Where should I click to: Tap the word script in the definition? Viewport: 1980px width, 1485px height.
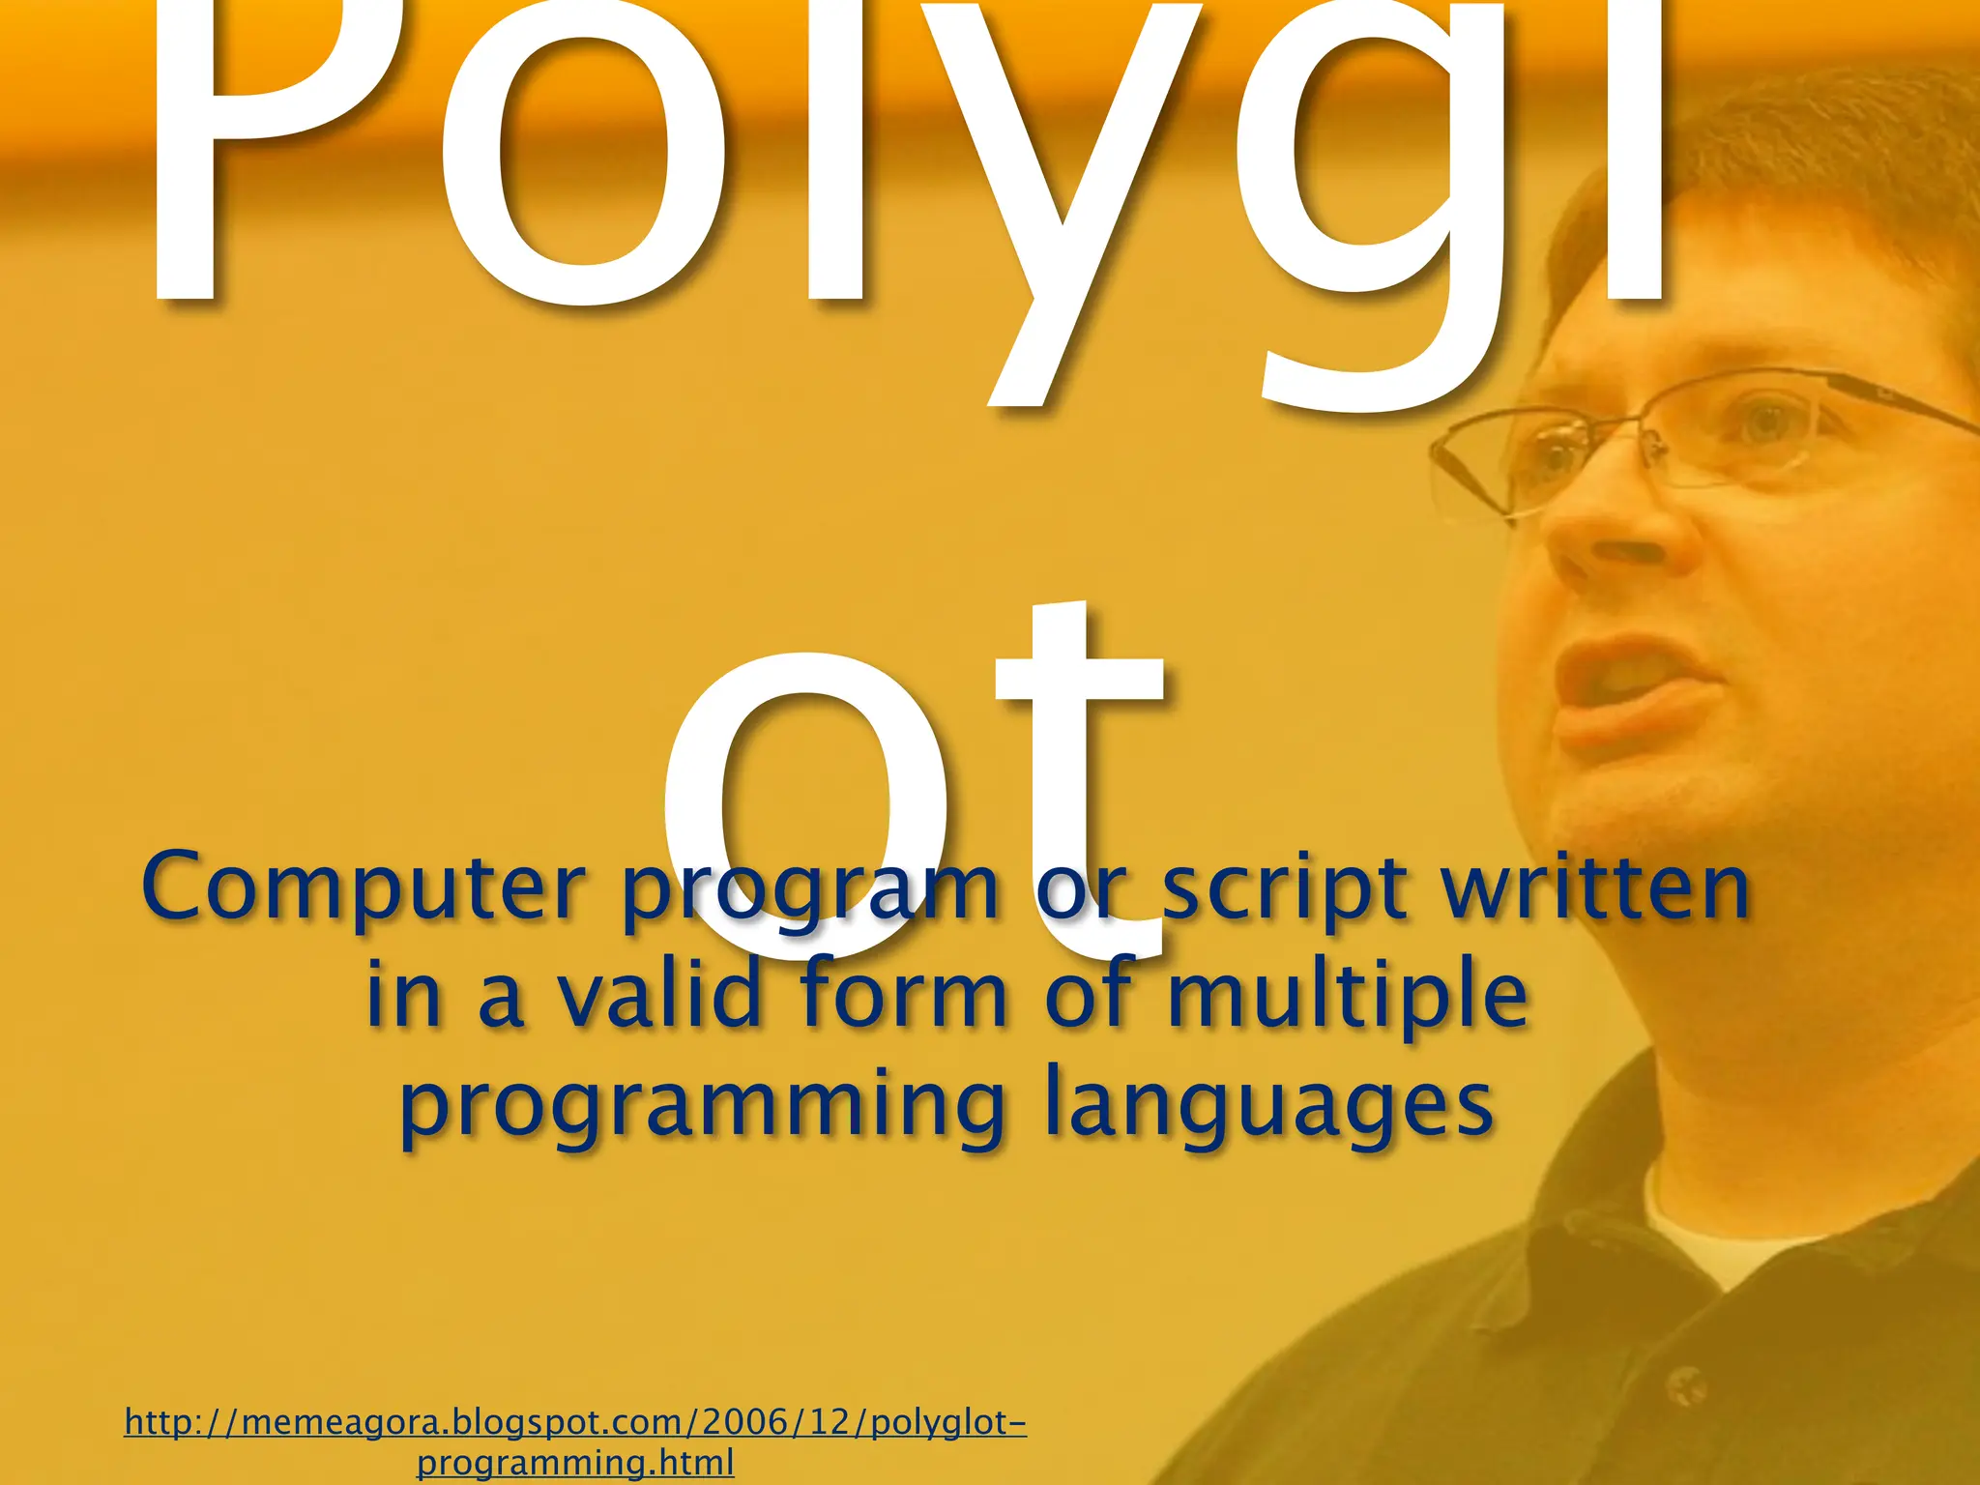coord(1284,888)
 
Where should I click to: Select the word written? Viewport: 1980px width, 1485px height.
coord(1595,888)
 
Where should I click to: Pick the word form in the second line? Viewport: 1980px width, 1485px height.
coord(905,994)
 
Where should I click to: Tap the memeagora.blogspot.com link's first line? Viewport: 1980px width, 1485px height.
coord(575,1422)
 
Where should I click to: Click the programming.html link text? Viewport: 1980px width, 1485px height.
coord(575,1462)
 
